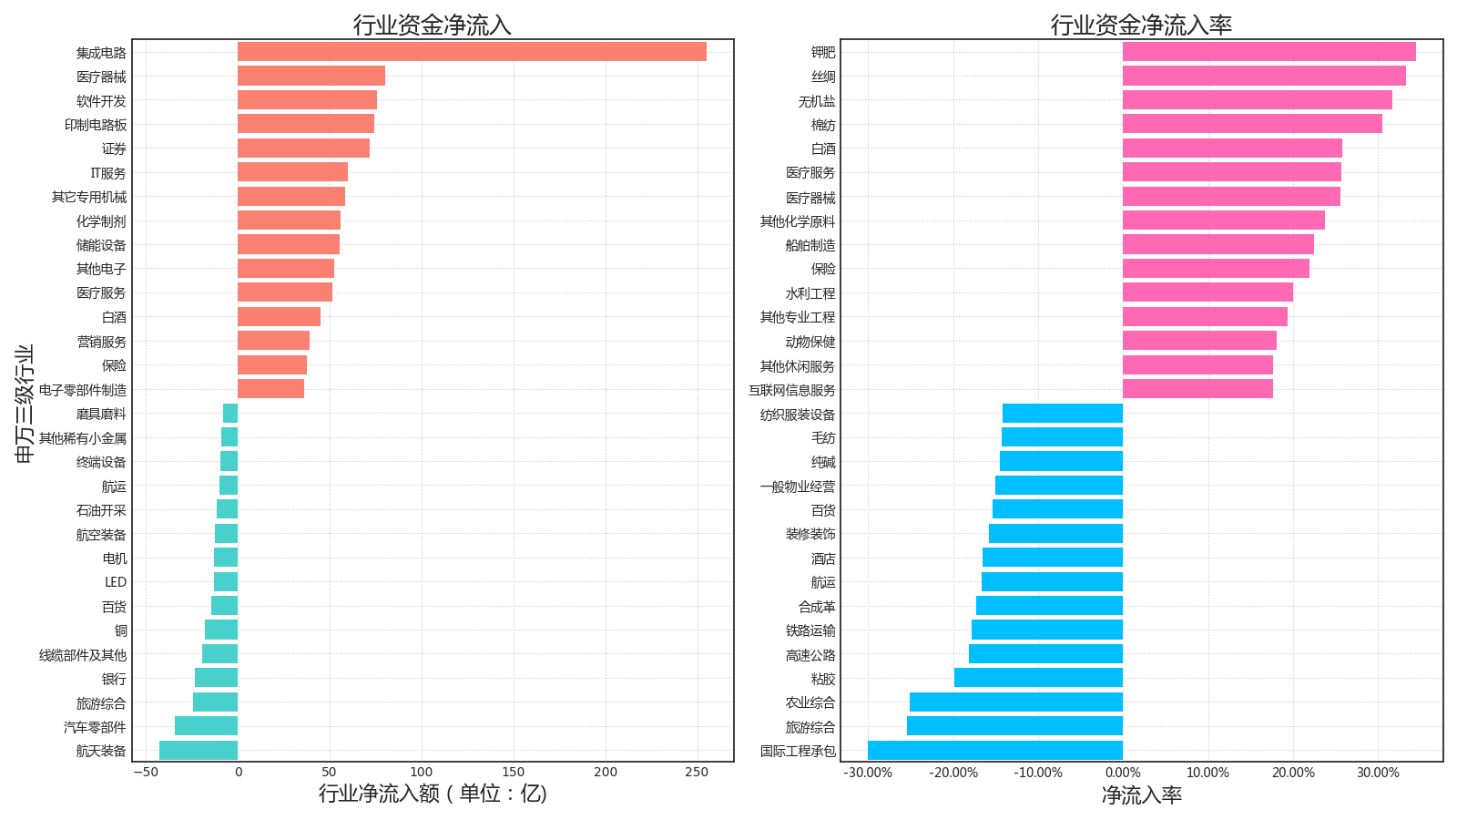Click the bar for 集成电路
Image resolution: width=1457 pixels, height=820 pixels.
[472, 52]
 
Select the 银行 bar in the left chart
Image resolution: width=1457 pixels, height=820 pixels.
[216, 678]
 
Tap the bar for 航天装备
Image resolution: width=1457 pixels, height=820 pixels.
[199, 750]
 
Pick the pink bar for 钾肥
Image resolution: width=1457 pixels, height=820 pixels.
[1269, 52]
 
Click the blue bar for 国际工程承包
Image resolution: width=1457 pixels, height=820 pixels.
[994, 750]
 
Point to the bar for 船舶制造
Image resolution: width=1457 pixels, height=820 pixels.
[1218, 244]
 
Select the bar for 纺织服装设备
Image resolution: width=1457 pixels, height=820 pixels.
[1062, 414]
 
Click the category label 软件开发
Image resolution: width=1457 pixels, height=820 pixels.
[101, 101]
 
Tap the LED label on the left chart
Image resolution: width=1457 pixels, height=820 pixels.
[116, 582]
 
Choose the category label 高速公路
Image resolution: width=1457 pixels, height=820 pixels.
[810, 655]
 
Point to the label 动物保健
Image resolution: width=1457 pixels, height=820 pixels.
[810, 342]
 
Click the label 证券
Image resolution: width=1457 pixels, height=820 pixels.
[114, 149]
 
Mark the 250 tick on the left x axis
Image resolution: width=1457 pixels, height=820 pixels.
[697, 773]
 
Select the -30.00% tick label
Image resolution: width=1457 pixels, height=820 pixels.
[867, 774]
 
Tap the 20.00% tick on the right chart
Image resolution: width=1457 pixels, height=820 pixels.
[1293, 774]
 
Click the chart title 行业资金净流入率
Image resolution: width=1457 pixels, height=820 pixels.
[1141, 25]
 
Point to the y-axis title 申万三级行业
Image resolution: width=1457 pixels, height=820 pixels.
[25, 404]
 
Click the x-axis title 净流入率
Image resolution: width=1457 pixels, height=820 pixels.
[1141, 795]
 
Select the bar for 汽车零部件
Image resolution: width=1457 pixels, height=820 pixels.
[206, 726]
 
